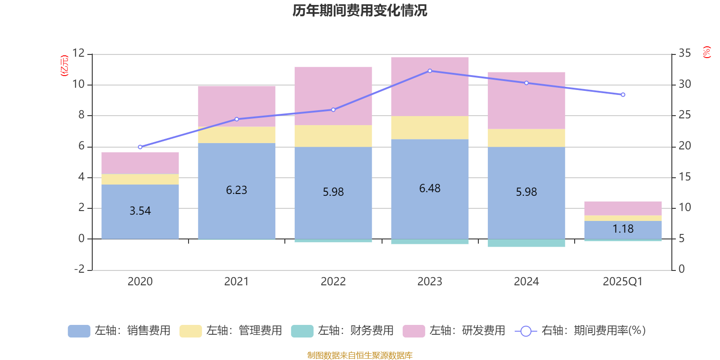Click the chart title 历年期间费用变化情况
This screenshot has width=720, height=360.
(x=360, y=10)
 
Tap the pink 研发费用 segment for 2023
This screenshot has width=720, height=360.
(x=430, y=86)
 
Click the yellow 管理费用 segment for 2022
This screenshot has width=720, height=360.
(x=333, y=136)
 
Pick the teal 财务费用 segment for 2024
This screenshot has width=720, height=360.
(x=526, y=243)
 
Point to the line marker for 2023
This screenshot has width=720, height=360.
(x=430, y=71)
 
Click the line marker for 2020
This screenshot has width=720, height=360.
(x=140, y=147)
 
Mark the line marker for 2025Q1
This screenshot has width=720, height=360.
(x=623, y=94)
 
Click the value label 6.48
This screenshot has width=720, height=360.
(x=430, y=189)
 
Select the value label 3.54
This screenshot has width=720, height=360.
(x=140, y=211)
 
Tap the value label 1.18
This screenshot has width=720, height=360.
(x=623, y=229)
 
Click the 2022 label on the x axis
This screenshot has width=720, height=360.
(x=333, y=282)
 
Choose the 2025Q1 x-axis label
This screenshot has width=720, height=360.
(x=623, y=282)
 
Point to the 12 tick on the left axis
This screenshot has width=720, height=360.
(x=78, y=53)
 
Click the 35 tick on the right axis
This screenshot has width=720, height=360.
(x=684, y=53)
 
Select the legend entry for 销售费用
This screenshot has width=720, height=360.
(x=120, y=331)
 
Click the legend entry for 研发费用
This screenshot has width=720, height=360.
(x=454, y=331)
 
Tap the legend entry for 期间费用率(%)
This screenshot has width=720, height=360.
(x=580, y=331)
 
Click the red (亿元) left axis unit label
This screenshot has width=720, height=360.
(x=64, y=66)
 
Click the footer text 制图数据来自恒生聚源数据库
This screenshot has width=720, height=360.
(x=360, y=355)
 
